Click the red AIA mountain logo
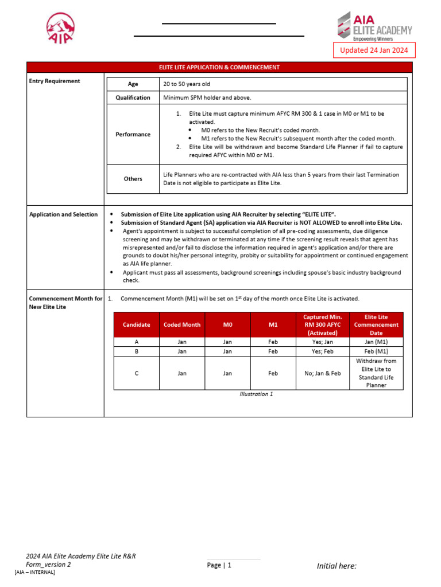pos(60,28)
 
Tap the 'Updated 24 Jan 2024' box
pos(374,50)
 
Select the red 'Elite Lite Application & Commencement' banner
pos(219,68)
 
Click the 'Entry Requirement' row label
pos(55,81)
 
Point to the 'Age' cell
pos(133,84)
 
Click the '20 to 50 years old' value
pos(187,84)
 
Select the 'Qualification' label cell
pos(133,97)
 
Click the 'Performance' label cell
pos(133,134)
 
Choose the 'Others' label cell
pos(133,179)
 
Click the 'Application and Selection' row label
pos(63,214)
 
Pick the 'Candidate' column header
pos(136,324)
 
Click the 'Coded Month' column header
pos(182,324)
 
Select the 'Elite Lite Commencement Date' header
pos(376,324)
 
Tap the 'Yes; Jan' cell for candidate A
pos(322,342)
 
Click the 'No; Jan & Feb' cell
pos(322,373)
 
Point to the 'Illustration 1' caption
pos(256,394)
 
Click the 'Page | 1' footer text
pos(219,565)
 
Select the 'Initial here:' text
pos(336,566)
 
